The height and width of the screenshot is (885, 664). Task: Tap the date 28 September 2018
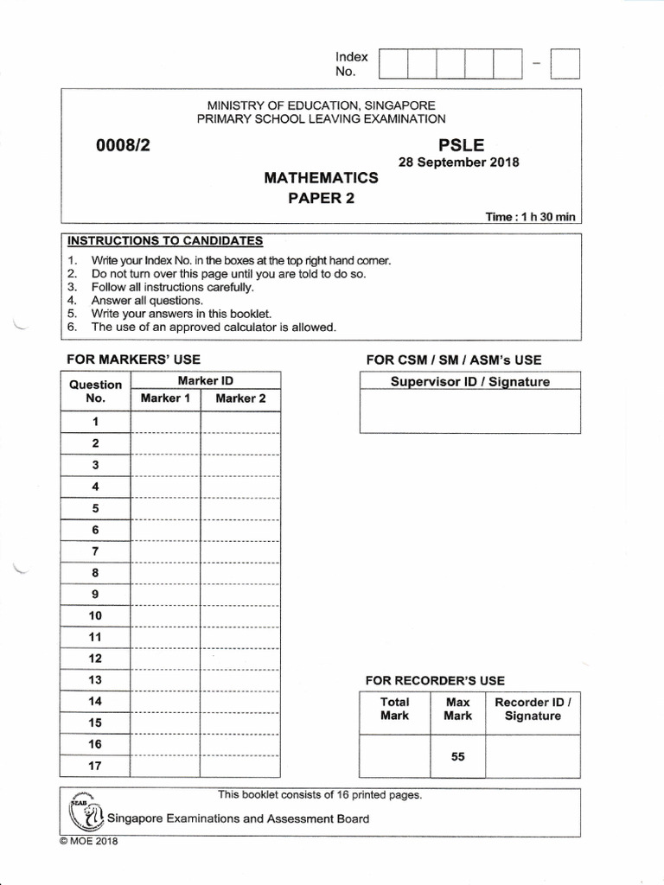coord(458,162)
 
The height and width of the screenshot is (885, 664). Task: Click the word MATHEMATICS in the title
coord(321,178)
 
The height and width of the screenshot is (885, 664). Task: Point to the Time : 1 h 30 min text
coord(530,216)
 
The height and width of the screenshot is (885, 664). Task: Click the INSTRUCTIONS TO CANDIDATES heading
coord(165,241)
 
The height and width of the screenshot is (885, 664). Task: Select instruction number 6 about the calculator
coord(213,328)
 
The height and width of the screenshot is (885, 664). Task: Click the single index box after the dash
coord(565,65)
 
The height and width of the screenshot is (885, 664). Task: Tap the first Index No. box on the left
coord(393,65)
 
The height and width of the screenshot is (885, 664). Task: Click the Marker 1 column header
coord(165,398)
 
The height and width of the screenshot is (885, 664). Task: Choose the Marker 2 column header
coord(240,398)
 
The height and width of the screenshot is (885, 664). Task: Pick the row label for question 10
coord(95,615)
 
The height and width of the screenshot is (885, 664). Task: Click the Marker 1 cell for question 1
coord(165,422)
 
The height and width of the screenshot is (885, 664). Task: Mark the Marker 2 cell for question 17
coord(240,765)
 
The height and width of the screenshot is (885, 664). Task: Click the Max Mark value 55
coord(458,757)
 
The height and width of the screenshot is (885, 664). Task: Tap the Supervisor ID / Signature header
coord(469,382)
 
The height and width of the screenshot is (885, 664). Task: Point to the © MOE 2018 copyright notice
coord(88,842)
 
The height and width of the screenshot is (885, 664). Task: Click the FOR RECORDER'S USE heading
coord(435,681)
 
